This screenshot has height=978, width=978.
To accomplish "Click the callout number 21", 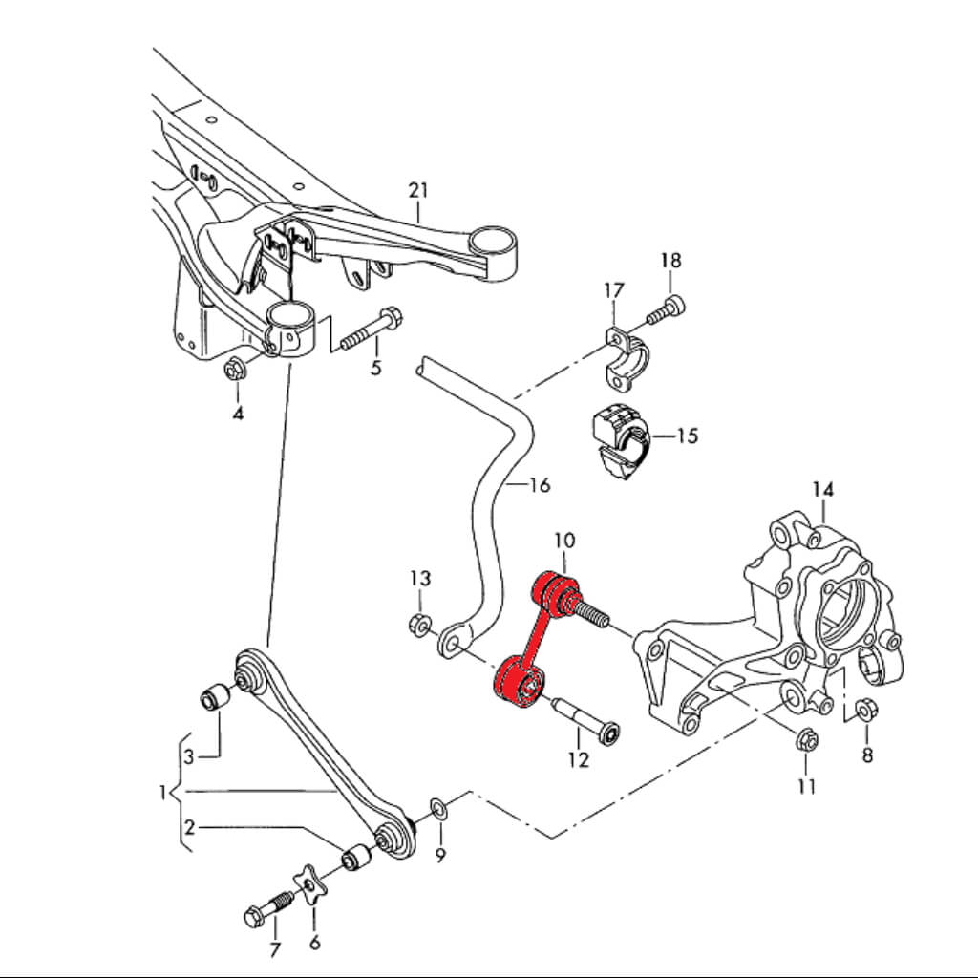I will (x=418, y=189).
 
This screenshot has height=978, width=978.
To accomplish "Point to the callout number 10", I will (x=563, y=541).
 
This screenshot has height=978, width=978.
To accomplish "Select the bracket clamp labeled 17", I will (x=627, y=361).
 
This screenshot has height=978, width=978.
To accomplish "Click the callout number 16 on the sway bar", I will (x=539, y=485).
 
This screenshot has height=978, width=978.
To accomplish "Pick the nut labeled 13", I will (x=417, y=625).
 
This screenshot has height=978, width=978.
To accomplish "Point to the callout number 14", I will (x=822, y=490).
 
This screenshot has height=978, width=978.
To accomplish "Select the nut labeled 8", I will (x=866, y=712).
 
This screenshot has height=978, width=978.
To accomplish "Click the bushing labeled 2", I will (x=356, y=856).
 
